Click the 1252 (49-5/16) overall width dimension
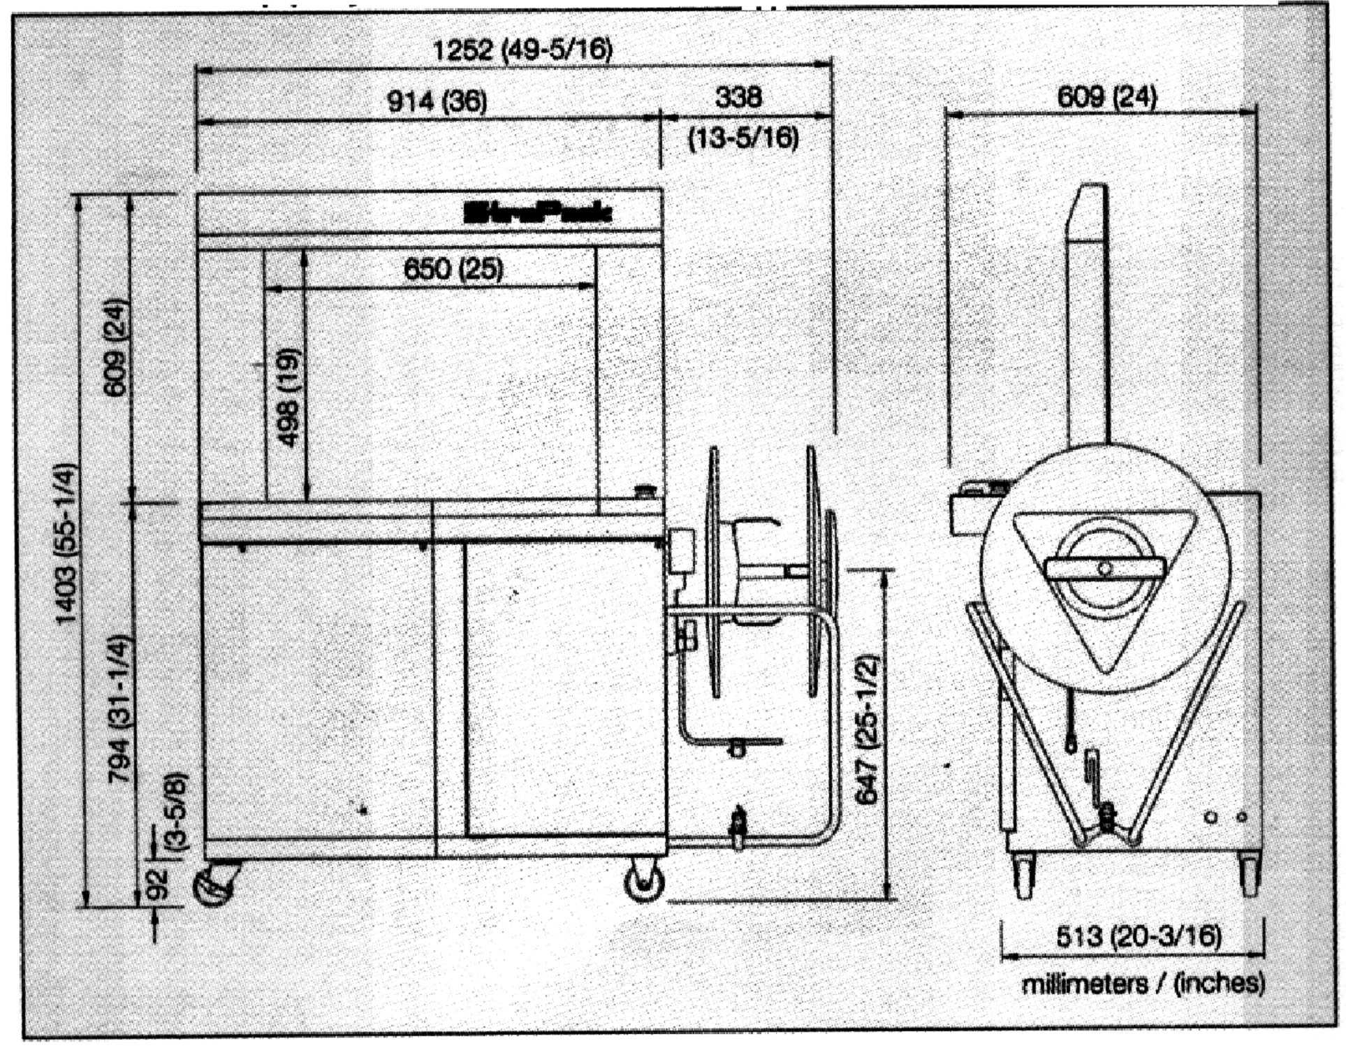coord(522,50)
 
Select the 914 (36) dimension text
coord(437,102)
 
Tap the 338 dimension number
coord(738,97)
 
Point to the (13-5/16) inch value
coord(743,138)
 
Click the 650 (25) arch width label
coord(453,269)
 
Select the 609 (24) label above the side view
coord(1107,96)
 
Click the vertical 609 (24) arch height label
coord(116,347)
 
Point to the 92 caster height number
coord(158,885)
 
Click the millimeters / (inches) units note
coord(1143,984)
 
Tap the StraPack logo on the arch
coord(538,213)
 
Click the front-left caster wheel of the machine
coord(216,885)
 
